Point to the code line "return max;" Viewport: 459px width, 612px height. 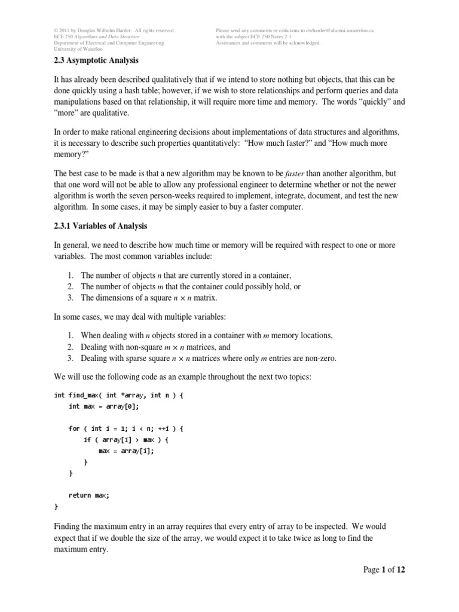coord(90,495)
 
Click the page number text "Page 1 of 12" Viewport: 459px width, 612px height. coord(384,570)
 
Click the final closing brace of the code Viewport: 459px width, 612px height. coord(56,506)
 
